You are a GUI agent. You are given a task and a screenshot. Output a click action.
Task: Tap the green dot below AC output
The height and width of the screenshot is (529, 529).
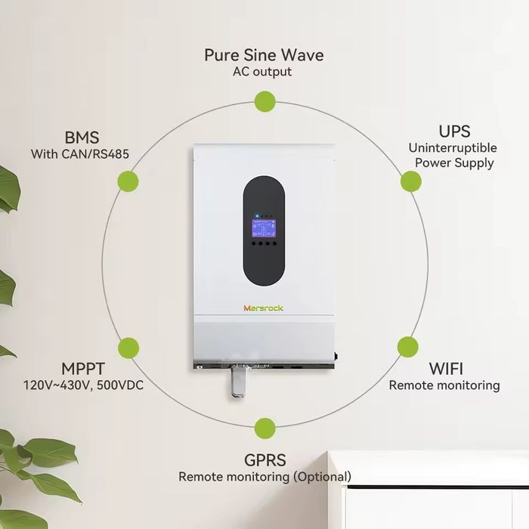pos(264,101)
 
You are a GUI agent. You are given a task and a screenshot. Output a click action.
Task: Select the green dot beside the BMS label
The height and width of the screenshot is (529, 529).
pos(128,181)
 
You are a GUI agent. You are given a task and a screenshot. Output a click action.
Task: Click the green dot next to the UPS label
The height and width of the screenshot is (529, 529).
pos(410,181)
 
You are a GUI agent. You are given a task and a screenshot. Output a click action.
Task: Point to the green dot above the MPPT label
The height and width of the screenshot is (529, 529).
pos(128,347)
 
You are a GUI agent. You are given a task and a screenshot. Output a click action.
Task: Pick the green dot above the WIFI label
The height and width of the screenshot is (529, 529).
pos(408,347)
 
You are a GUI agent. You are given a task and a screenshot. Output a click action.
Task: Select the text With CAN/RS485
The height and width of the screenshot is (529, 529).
pos(80,154)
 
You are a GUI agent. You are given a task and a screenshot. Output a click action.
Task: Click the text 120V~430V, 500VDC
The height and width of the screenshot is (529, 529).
pos(83,385)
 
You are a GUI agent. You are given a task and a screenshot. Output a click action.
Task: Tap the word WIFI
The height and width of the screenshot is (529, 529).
pos(447,369)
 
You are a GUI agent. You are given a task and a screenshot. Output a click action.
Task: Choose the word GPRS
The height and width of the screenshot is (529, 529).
pos(264,459)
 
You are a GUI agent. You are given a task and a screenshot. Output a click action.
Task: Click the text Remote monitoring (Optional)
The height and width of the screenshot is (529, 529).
pos(264,477)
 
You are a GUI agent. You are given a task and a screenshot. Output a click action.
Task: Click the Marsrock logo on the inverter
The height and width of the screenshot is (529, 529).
pos(263,308)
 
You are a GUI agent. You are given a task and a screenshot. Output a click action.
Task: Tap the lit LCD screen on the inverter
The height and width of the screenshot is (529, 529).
pos(264,228)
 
